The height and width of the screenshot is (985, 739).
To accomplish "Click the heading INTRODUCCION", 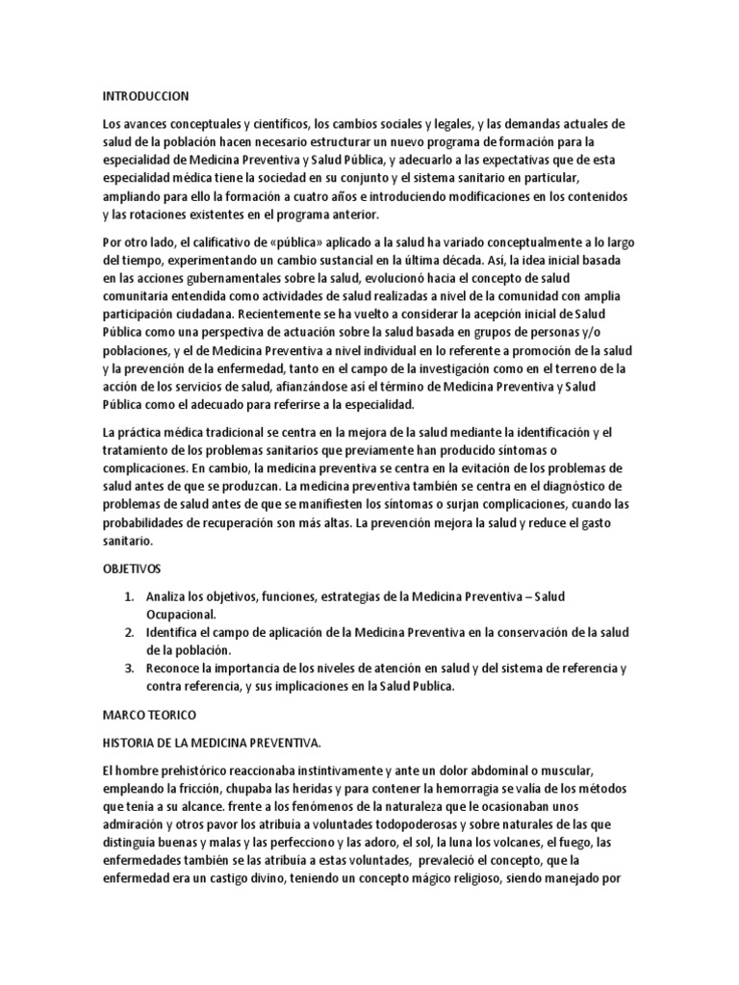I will tap(145, 95).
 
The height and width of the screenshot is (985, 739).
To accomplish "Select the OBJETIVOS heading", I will tap(134, 568).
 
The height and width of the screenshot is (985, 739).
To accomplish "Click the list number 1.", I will tap(129, 597).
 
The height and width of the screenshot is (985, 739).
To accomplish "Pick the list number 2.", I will tap(129, 633).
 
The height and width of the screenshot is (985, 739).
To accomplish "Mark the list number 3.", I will tap(129, 669).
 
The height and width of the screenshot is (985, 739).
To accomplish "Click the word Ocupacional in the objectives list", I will tap(181, 615).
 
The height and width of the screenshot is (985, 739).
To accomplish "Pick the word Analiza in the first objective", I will tap(167, 597).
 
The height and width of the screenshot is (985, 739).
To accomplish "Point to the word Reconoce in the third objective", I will tap(174, 669).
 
